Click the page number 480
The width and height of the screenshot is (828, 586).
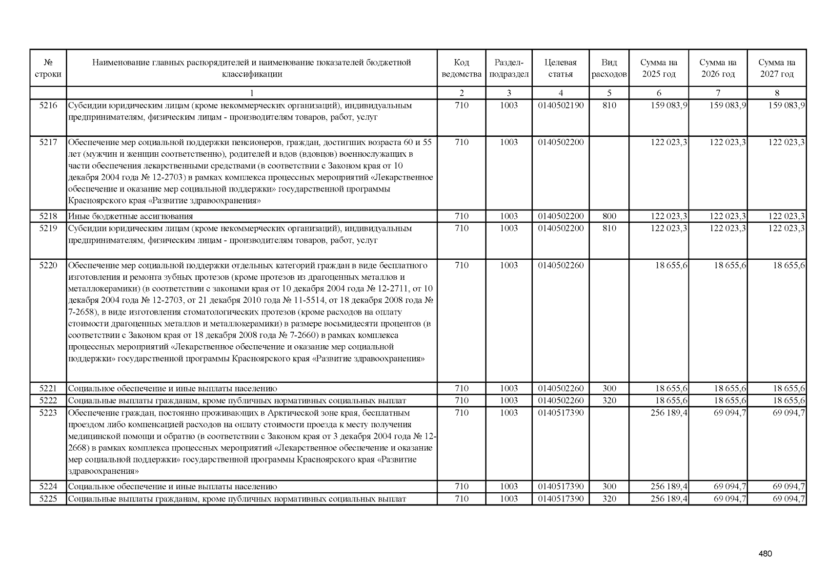click(765, 554)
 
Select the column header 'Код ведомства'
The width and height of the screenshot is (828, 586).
click(461, 68)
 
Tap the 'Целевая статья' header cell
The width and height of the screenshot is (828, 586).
click(560, 68)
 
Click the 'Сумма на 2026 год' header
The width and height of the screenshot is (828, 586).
click(718, 68)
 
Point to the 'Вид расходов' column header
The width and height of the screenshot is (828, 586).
click(609, 68)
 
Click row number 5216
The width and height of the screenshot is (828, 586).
click(48, 105)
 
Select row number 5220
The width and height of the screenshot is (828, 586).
click(48, 266)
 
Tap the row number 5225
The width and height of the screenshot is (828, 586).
click(48, 499)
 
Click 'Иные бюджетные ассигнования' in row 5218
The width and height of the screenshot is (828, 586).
click(130, 216)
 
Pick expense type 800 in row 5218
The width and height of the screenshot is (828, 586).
click(609, 216)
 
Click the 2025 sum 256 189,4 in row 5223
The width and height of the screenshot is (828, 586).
click(669, 413)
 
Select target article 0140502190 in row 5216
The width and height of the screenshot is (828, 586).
click(561, 105)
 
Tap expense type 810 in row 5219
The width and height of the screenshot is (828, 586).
click(609, 229)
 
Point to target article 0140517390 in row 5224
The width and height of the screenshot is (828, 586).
click(561, 487)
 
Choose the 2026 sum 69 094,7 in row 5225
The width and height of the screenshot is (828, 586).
click(729, 499)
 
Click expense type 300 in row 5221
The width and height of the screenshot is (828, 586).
click(609, 389)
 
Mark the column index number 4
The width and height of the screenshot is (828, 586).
click(561, 93)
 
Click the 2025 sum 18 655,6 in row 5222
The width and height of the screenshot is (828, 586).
click(671, 401)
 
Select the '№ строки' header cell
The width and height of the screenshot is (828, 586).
click(48, 68)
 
